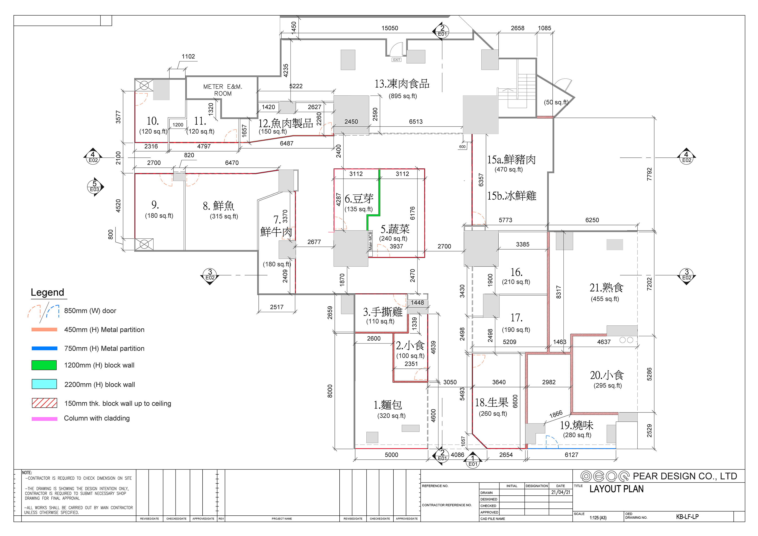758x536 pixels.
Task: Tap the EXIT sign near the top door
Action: (396, 60)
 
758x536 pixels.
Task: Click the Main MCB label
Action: (371, 240)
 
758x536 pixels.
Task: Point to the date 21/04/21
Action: (560, 492)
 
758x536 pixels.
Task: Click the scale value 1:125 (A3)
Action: (598, 517)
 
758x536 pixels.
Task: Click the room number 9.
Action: (155, 205)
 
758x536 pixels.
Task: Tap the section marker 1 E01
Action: (473, 460)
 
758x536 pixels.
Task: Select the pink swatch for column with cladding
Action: (44, 418)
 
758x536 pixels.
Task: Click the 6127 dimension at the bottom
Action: (571, 455)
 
